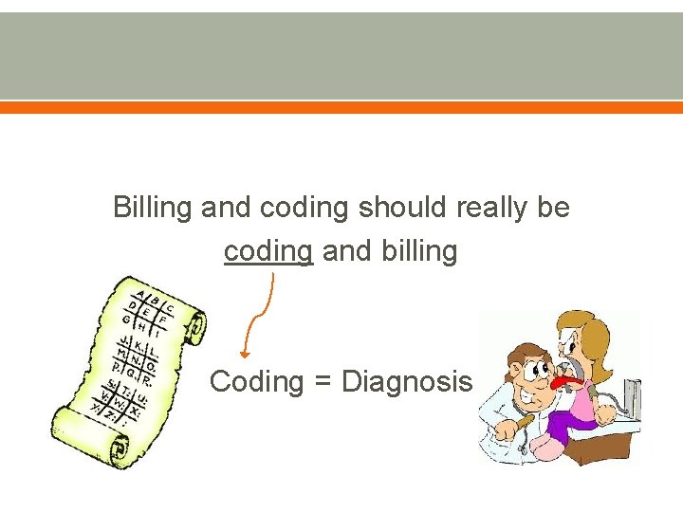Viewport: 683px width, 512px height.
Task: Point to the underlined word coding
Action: pos(268,252)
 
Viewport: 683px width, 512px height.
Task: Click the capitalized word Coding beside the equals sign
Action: pos(255,382)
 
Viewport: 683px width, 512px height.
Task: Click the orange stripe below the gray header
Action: pos(341,108)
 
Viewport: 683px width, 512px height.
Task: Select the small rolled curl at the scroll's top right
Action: pos(196,326)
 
